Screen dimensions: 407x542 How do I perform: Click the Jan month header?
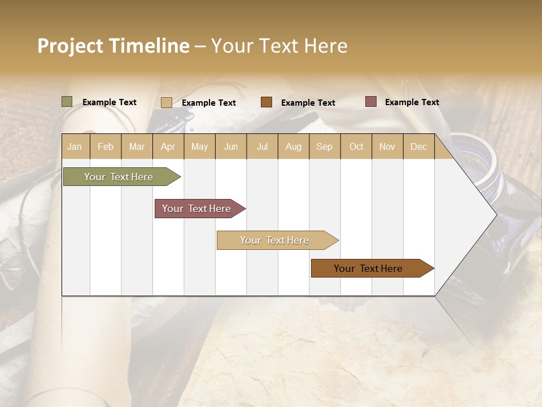pyautogui.click(x=75, y=146)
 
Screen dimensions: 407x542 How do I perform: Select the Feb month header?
pyautogui.click(x=106, y=146)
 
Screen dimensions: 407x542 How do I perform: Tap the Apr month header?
pyautogui.click(x=168, y=146)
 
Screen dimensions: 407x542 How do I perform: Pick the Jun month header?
pyautogui.click(x=231, y=146)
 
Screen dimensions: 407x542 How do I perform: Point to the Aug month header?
pyautogui.click(x=293, y=146)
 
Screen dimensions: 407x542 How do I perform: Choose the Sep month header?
pyautogui.click(x=324, y=146)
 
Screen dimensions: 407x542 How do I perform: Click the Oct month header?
pyautogui.click(x=356, y=146)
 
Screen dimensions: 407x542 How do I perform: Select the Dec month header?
pyautogui.click(x=418, y=146)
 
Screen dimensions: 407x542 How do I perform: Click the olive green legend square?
pyautogui.click(x=67, y=102)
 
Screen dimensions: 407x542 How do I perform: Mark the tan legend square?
pyautogui.click(x=167, y=102)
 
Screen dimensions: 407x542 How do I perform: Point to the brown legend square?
pyautogui.click(x=266, y=102)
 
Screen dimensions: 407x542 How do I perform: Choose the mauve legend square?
pyautogui.click(x=370, y=102)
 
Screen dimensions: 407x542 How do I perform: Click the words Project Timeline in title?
pyautogui.click(x=113, y=46)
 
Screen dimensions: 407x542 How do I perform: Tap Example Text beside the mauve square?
pyautogui.click(x=412, y=102)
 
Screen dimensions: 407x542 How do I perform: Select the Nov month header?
pyautogui.click(x=387, y=146)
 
